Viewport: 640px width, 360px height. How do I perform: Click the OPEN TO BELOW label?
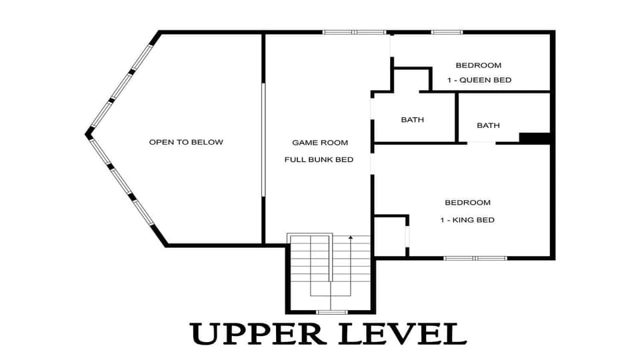pyautogui.click(x=186, y=142)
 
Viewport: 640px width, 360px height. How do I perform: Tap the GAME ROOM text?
pyautogui.click(x=320, y=143)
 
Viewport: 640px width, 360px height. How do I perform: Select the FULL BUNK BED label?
pyautogui.click(x=319, y=159)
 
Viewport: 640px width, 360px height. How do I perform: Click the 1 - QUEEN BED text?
pyautogui.click(x=479, y=80)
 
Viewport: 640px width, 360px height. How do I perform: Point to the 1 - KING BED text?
pyautogui.click(x=467, y=220)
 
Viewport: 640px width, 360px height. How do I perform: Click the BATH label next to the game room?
pyautogui.click(x=412, y=119)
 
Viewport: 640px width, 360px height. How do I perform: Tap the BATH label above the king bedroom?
pyautogui.click(x=488, y=125)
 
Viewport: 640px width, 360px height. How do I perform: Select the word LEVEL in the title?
pyautogui.click(x=403, y=333)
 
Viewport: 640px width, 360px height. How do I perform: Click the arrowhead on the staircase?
pyautogui.click(x=351, y=237)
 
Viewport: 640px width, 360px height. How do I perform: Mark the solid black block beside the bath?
pyautogui.click(x=535, y=138)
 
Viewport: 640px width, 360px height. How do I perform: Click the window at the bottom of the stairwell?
pyautogui.click(x=332, y=312)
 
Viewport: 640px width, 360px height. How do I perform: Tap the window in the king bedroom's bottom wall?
pyautogui.click(x=475, y=258)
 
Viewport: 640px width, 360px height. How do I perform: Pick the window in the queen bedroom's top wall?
pyautogui.click(x=447, y=32)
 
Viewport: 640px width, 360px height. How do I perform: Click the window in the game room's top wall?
pyautogui.click(x=354, y=32)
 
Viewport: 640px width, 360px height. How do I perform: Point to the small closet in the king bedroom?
pyautogui.click(x=391, y=236)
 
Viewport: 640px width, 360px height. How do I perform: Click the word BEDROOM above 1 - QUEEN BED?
pyautogui.click(x=479, y=65)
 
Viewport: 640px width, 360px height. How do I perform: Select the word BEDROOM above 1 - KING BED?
pyautogui.click(x=468, y=203)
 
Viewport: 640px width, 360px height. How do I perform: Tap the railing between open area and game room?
pyautogui.click(x=263, y=140)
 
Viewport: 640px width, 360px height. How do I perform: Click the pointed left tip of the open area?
pyautogui.click(x=87, y=134)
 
